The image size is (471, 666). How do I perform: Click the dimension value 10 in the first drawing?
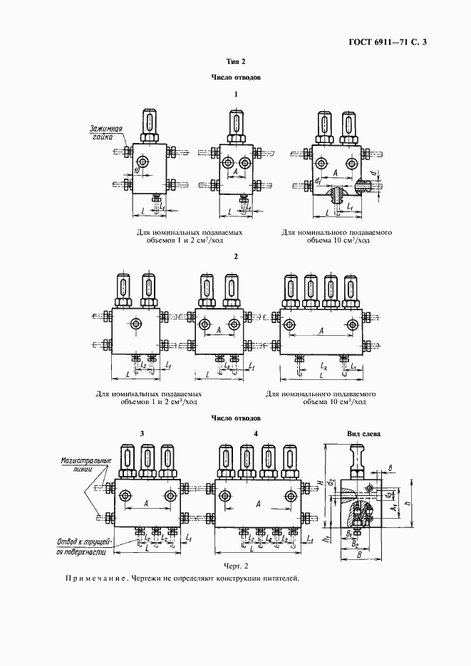(135, 170)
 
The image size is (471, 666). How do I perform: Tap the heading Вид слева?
(363, 433)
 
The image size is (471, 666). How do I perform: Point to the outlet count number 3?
(142, 433)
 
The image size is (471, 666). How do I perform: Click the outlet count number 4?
(255, 433)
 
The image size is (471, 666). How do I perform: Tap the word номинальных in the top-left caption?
(180, 232)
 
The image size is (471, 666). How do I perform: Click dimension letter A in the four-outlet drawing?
(257, 503)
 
